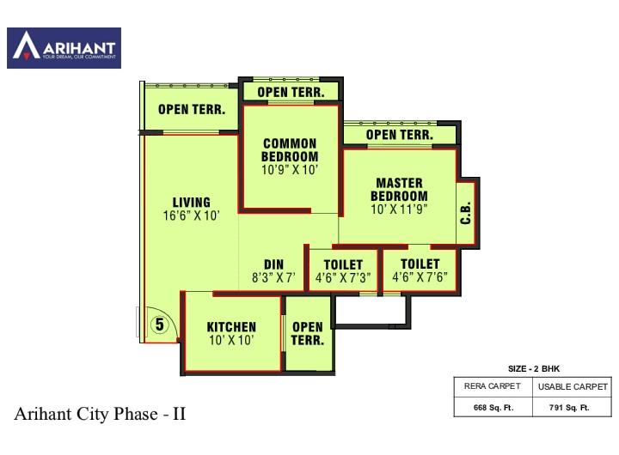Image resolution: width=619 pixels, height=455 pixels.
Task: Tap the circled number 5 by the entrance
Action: click(159, 325)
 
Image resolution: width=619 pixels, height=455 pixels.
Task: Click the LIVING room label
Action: click(191, 203)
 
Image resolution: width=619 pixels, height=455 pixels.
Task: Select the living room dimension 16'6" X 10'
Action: click(191, 216)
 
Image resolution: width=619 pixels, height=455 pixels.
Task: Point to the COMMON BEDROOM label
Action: click(290, 150)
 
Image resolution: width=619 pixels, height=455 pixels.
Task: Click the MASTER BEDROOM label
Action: click(399, 190)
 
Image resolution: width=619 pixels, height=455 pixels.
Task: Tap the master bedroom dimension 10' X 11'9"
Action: click(399, 209)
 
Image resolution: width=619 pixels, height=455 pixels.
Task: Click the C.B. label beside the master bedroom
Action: click(466, 213)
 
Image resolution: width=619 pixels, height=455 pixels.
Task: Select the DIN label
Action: click(273, 264)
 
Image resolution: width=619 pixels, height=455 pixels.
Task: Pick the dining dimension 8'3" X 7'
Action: click(273, 278)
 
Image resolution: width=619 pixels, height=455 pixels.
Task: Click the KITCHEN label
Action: click(231, 327)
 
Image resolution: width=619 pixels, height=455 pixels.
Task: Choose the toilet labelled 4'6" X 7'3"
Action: click(343, 270)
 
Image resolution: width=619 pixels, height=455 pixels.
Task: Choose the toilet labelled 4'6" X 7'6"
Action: click(420, 270)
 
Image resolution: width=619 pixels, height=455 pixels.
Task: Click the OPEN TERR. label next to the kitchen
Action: click(307, 333)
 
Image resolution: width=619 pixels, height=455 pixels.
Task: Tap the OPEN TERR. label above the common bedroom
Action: click(291, 92)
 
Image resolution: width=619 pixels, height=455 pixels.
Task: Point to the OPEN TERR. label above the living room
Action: click(192, 110)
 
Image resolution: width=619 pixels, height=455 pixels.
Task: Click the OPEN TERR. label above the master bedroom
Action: click(399, 135)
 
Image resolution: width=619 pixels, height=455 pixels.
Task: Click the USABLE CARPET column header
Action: click(573, 387)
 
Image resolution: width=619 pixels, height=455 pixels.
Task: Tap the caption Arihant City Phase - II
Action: click(100, 415)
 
